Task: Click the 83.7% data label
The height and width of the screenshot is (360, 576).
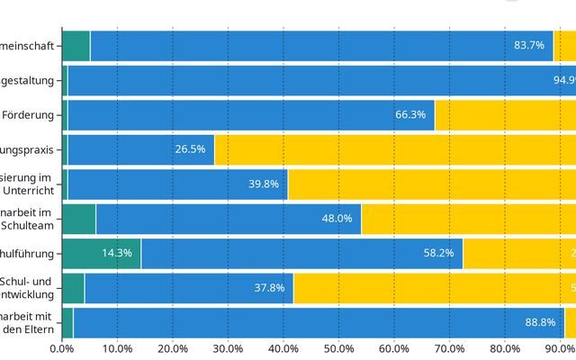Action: click(x=529, y=45)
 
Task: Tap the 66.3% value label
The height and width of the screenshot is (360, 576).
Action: click(x=410, y=114)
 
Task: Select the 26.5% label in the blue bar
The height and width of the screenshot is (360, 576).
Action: click(x=191, y=148)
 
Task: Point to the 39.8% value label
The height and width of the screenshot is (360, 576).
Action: click(x=264, y=184)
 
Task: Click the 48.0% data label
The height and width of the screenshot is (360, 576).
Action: click(x=337, y=218)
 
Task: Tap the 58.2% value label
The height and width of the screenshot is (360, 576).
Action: click(x=439, y=253)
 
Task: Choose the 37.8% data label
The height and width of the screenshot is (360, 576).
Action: click(x=269, y=288)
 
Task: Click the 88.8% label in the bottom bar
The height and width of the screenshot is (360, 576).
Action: click(x=541, y=322)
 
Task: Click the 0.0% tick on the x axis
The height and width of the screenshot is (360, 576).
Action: click(x=61, y=348)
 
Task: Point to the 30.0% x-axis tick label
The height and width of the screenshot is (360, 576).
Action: click(x=228, y=348)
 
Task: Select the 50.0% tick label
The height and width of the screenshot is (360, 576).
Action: click(x=338, y=348)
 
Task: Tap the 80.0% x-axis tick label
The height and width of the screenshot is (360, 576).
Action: click(x=505, y=348)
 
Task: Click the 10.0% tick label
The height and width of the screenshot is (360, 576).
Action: click(x=117, y=348)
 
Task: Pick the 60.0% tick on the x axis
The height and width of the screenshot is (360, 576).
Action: click(x=394, y=348)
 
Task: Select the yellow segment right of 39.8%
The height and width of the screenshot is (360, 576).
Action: click(x=432, y=184)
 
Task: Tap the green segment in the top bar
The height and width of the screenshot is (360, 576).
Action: click(x=76, y=45)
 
